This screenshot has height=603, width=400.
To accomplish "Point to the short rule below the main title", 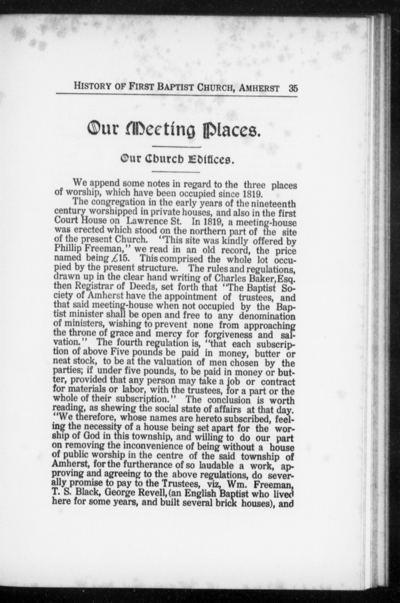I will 177,147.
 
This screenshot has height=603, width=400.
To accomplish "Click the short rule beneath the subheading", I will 177,172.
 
